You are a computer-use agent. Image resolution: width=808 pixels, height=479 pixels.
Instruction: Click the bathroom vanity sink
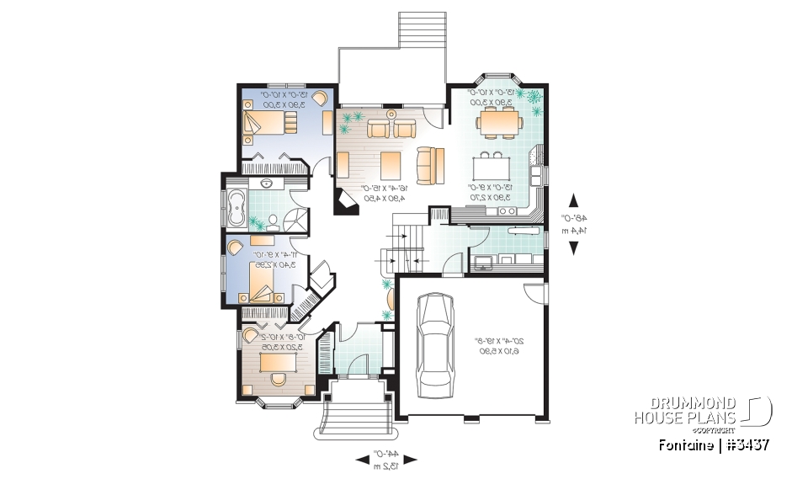tap(267, 183)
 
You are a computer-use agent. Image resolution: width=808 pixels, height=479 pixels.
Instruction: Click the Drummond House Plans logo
tap(702, 412)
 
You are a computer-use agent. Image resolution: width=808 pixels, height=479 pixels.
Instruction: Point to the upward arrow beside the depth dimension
tap(574, 200)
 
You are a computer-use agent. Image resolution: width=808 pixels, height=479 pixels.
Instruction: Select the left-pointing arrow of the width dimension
tap(362, 459)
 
